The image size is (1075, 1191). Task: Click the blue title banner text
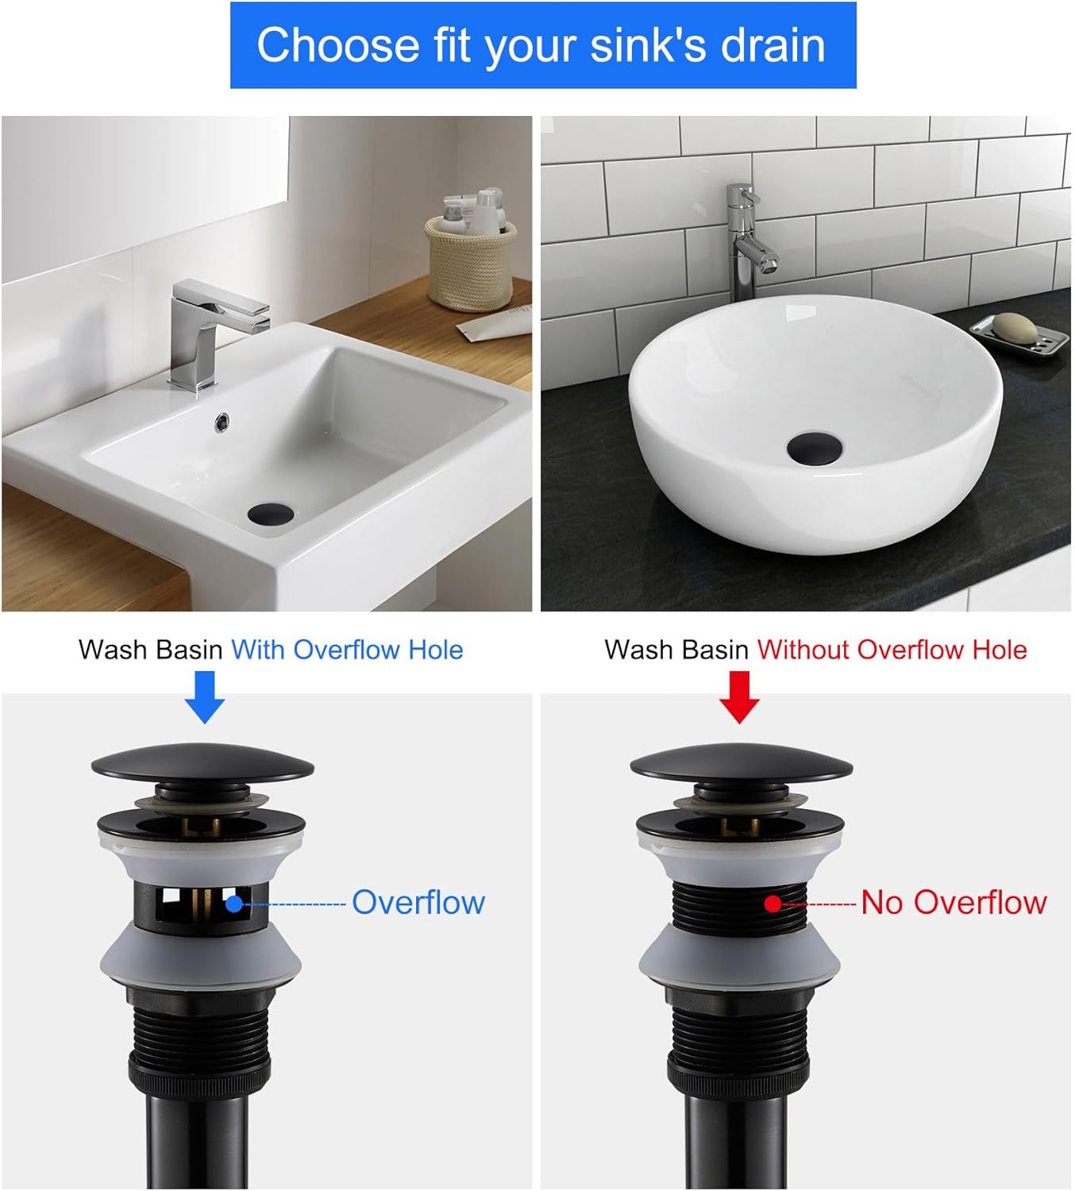click(x=541, y=44)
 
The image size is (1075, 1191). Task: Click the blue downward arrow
click(x=204, y=696)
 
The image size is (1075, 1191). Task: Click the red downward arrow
click(x=739, y=696)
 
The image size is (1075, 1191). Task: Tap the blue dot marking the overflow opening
click(x=233, y=904)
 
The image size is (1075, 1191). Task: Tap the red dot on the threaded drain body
click(x=773, y=904)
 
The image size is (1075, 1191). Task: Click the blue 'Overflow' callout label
click(x=418, y=903)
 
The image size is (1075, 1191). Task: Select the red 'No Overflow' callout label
click(x=954, y=903)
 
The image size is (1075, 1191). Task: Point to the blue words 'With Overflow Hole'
click(x=347, y=649)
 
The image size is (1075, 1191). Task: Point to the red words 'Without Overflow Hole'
click(x=892, y=649)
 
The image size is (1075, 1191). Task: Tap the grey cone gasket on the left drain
click(x=202, y=957)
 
